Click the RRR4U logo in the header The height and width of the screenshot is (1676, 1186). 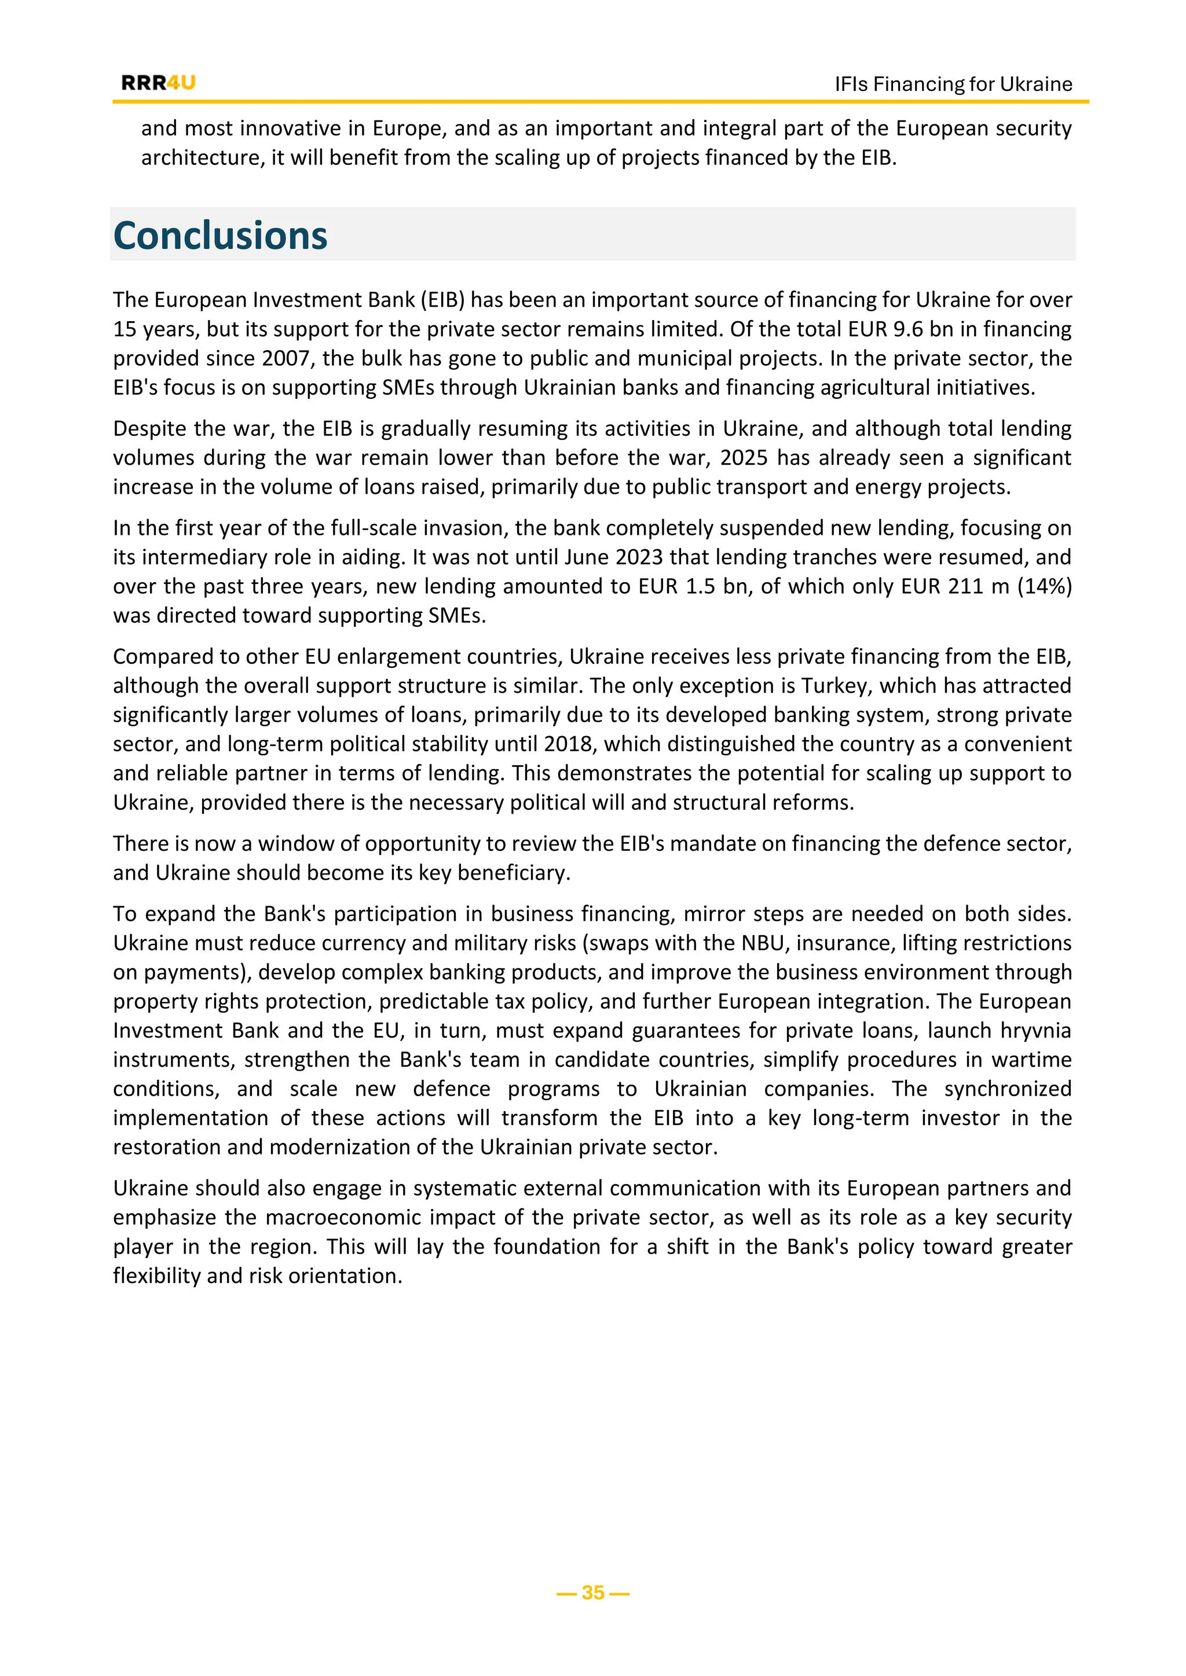coord(159,83)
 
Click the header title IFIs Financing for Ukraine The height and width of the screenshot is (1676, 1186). coord(953,84)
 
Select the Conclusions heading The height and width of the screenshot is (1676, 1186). coord(221,236)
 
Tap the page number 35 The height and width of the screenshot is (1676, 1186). coord(593,1592)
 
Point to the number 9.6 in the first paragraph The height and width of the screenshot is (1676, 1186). coord(909,329)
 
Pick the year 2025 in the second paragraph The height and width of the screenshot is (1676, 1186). coord(744,458)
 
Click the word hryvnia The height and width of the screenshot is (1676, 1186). coord(1035,1030)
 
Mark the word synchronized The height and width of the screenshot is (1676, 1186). coord(1007,1089)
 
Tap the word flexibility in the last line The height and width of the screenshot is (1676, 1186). coord(156,1276)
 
